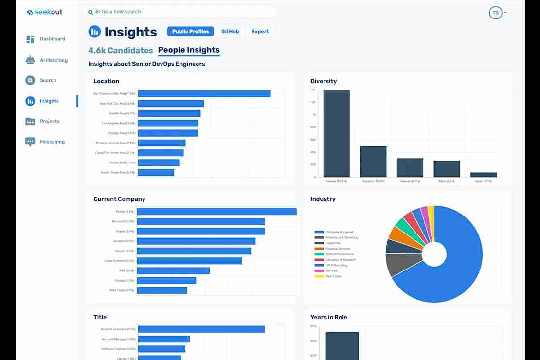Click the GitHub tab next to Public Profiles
(230, 32)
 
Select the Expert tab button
(260, 32)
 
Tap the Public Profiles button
(190, 32)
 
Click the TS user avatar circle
(495, 13)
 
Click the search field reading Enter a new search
(180, 12)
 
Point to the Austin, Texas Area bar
(156, 172)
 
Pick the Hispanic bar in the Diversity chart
(373, 162)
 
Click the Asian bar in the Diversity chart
(484, 175)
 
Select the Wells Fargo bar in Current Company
(162, 290)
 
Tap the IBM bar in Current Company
(173, 270)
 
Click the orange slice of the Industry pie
(397, 235)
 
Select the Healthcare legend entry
(333, 243)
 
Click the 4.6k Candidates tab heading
(121, 50)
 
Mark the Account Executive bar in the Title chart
(200, 329)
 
